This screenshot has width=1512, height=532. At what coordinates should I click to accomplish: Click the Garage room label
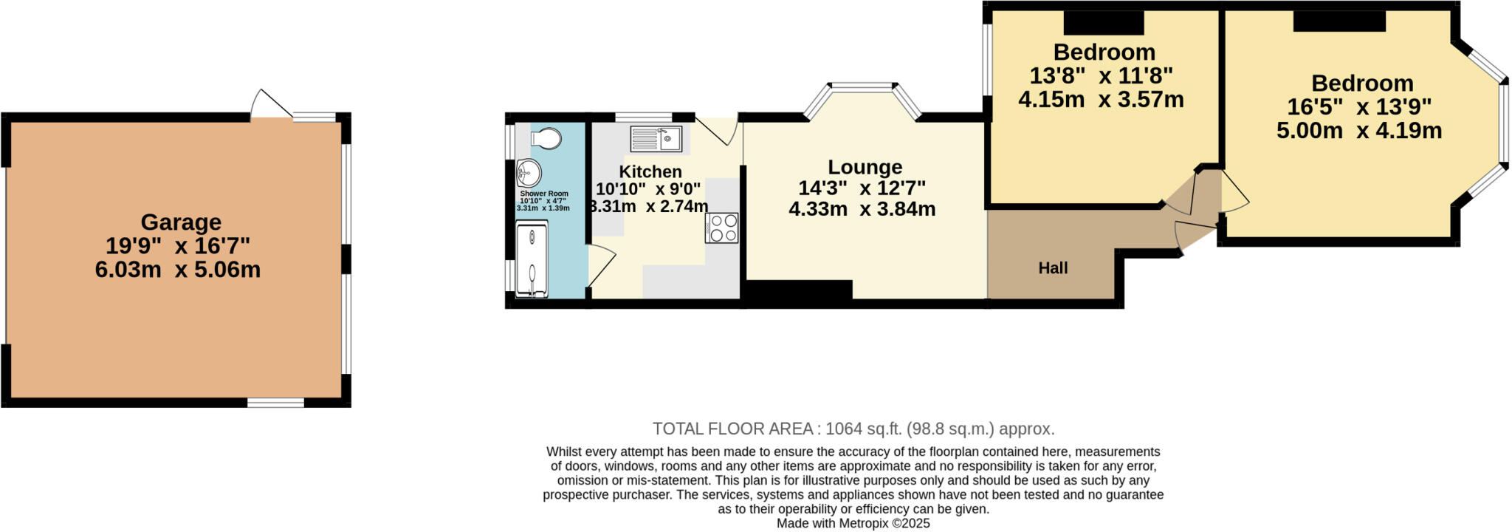pyautogui.click(x=181, y=222)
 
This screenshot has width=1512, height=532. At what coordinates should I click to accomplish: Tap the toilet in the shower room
pyautogui.click(x=546, y=138)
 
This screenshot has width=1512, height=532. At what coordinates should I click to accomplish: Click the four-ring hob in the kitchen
pyautogui.click(x=721, y=228)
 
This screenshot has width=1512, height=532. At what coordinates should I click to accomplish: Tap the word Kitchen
pyautogui.click(x=650, y=171)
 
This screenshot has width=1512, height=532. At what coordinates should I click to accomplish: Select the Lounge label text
pyautogui.click(x=865, y=167)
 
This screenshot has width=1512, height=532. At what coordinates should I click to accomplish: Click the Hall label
pyautogui.click(x=1053, y=268)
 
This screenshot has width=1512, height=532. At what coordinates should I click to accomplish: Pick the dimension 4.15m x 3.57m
pyautogui.click(x=1101, y=100)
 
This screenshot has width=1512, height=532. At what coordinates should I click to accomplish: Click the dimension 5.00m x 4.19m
pyautogui.click(x=1359, y=131)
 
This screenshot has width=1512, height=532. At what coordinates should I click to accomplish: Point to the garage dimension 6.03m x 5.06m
pyautogui.click(x=178, y=270)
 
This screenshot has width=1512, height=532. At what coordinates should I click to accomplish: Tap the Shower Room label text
pyautogui.click(x=544, y=194)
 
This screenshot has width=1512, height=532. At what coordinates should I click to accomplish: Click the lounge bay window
pyautogui.click(x=862, y=88)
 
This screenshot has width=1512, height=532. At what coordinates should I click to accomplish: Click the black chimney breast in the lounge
pyautogui.click(x=799, y=290)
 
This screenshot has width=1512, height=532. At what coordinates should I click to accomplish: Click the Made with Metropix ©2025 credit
pyautogui.click(x=853, y=523)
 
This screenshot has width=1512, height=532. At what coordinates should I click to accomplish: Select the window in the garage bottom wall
pyautogui.click(x=275, y=403)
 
